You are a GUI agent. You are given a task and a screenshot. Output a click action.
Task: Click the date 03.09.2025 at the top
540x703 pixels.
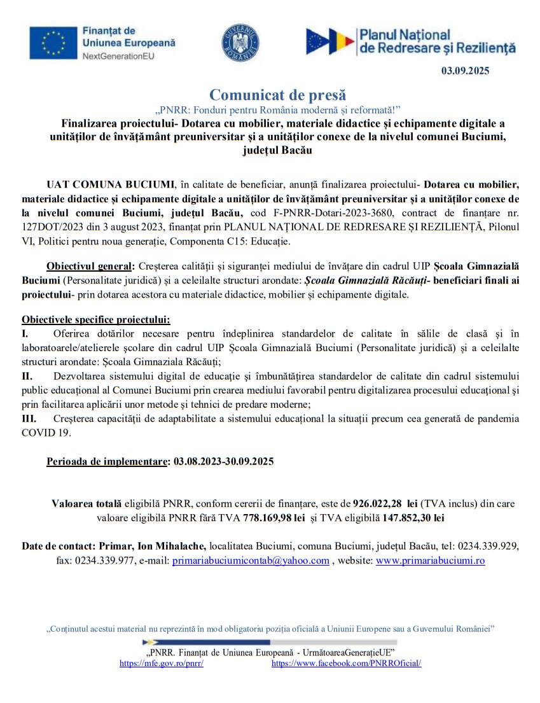pyautogui.click(x=465, y=71)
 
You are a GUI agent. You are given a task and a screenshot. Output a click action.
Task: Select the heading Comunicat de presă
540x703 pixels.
pyautogui.click(x=269, y=95)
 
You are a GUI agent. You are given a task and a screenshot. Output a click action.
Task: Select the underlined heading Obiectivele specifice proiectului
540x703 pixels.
pyautogui.click(x=96, y=320)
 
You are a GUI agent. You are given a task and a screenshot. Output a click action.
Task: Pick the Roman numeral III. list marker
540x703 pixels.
pyautogui.click(x=29, y=419)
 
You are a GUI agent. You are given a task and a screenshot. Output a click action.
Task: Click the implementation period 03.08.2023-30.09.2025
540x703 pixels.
pyautogui.click(x=224, y=462)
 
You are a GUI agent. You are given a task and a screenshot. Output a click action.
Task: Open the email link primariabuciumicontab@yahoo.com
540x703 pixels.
pyautogui.click(x=251, y=560)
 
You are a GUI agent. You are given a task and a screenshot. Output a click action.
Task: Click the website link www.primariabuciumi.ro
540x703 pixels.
pyautogui.click(x=431, y=560)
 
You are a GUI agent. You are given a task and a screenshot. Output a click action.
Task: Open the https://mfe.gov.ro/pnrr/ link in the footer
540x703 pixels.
pyautogui.click(x=162, y=663)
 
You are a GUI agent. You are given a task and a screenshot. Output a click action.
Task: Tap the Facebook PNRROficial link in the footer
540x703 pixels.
pyautogui.click(x=346, y=663)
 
